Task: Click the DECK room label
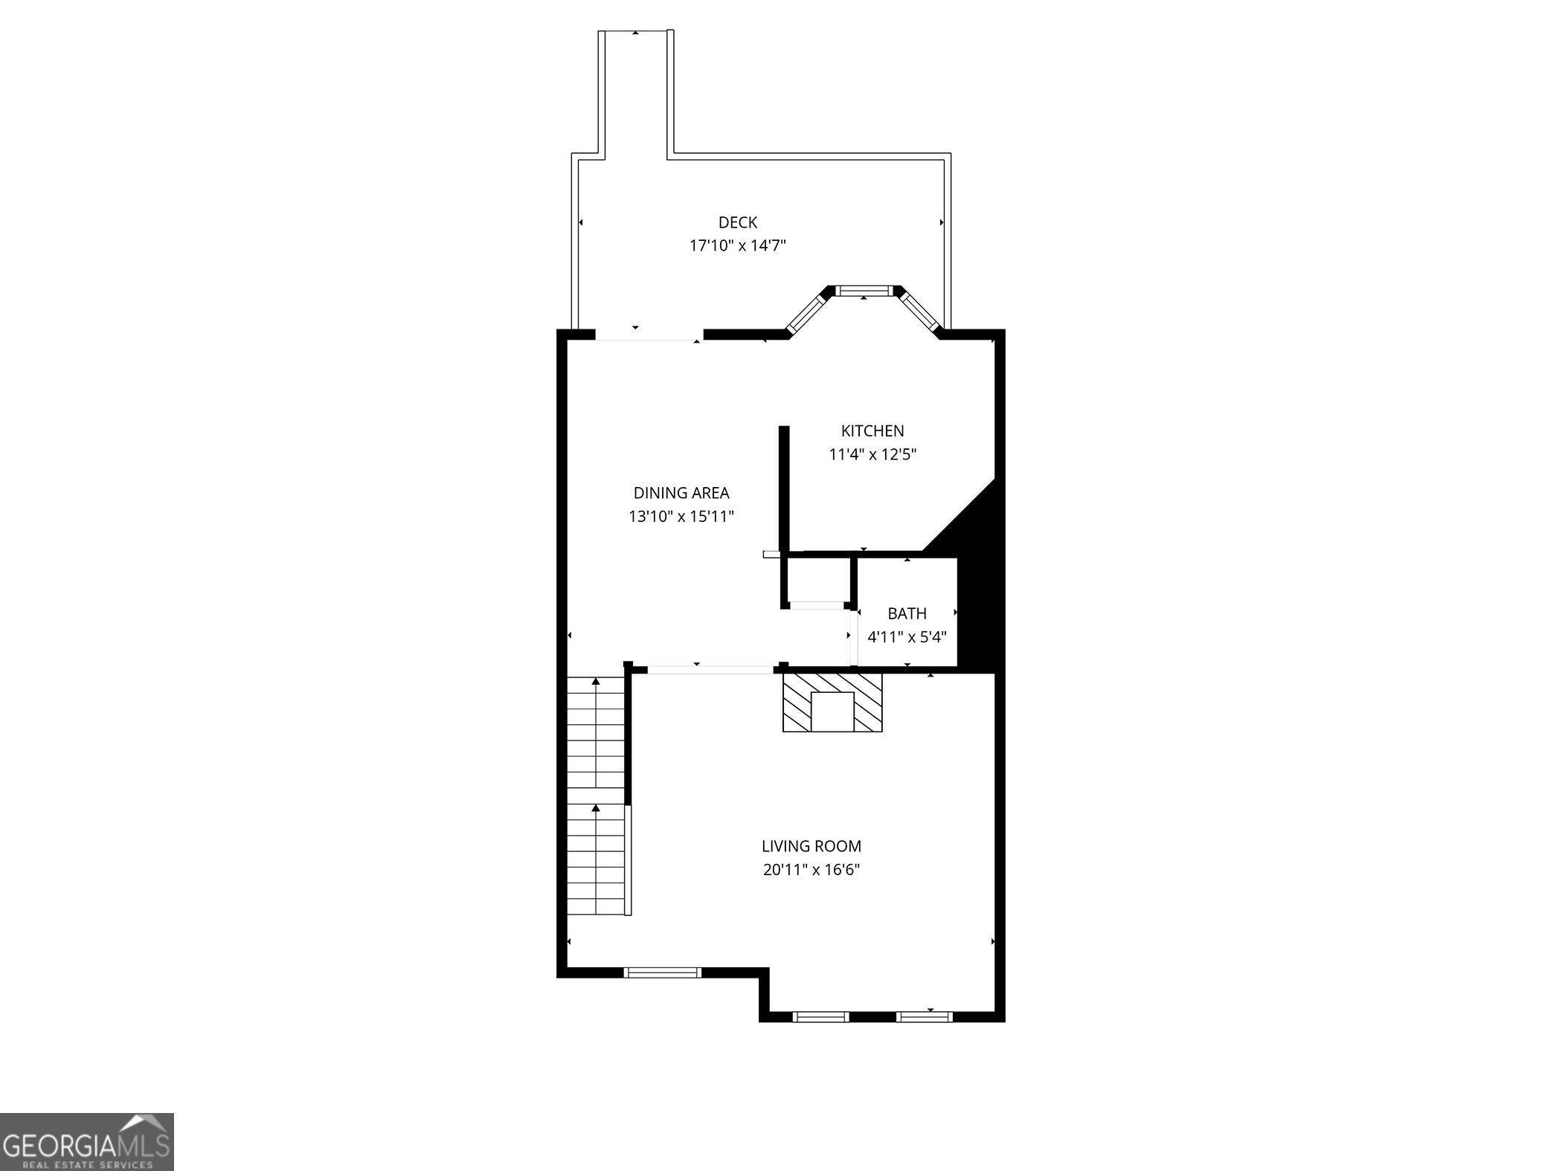click(737, 222)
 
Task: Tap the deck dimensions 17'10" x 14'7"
click(737, 245)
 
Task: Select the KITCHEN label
click(872, 430)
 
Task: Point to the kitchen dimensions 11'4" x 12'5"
click(872, 454)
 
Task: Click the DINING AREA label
click(681, 493)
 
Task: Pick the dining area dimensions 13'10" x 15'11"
click(681, 516)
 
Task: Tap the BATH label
click(907, 613)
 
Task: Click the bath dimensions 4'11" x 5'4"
click(907, 637)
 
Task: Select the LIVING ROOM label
click(811, 846)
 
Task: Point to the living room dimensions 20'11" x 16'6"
click(811, 869)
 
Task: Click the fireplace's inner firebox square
click(832, 712)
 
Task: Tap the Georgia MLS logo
click(86, 1142)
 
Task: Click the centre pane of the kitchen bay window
click(864, 291)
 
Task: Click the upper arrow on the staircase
click(595, 682)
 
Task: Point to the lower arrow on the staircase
click(595, 808)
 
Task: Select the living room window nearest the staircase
click(662, 972)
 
